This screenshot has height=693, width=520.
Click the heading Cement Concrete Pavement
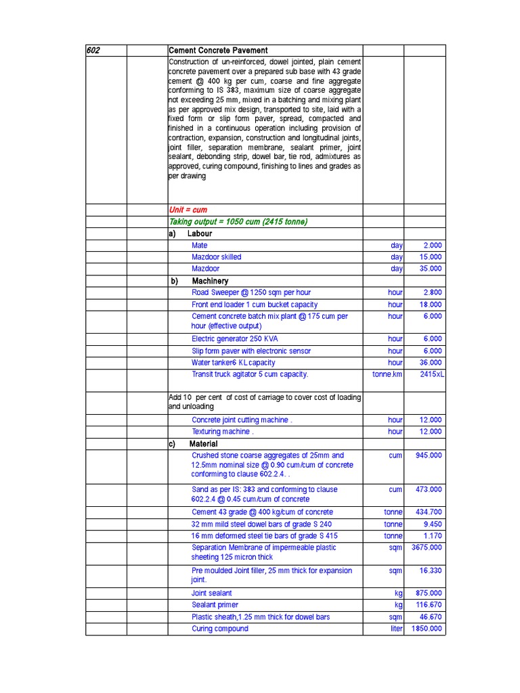pyautogui.click(x=218, y=50)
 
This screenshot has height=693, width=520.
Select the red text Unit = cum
pyautogui.click(x=188, y=210)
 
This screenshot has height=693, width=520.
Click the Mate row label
pyautogui.click(x=200, y=245)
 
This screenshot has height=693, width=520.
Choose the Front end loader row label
pyautogui.click(x=254, y=305)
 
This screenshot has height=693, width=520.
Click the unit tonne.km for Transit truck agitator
pyautogui.click(x=387, y=374)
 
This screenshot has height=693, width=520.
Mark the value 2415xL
pyautogui.click(x=432, y=374)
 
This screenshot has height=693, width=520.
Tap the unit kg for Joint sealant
pyautogui.click(x=398, y=593)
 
